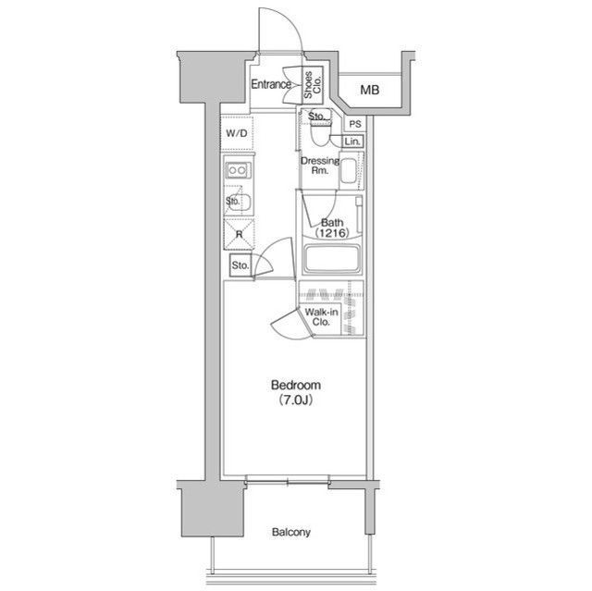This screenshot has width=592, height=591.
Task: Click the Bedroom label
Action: point(296,386)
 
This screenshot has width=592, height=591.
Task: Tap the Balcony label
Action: point(291,532)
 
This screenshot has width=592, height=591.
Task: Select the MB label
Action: point(370,91)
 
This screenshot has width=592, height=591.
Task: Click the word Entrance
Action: point(271,84)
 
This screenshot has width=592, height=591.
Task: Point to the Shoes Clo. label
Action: point(313,85)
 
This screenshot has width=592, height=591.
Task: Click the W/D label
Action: point(237,133)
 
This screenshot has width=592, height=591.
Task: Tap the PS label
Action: point(355,124)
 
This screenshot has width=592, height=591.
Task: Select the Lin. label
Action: point(352,142)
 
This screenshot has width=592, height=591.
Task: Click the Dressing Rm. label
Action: point(320,166)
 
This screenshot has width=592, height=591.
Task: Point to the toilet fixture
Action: point(320,132)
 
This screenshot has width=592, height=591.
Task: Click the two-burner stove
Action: point(239,170)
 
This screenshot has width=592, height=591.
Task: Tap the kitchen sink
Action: point(240,204)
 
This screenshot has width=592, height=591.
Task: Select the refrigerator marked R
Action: point(239,234)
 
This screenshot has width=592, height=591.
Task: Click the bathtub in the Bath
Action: point(332,259)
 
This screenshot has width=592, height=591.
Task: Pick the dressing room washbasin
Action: point(349,171)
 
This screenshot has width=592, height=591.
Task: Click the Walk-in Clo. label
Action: point(321,317)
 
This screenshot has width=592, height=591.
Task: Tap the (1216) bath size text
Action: point(332,233)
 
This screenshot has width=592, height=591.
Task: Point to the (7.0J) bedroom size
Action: point(296,400)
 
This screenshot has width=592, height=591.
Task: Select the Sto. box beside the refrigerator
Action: point(240,265)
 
